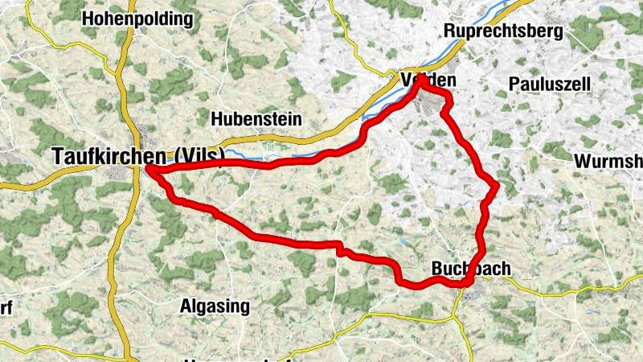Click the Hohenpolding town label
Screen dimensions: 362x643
coord(137,18)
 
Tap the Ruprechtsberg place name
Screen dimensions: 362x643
coord(504,31)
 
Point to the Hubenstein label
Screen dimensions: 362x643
coord(256,119)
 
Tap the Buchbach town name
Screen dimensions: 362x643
coord(471,269)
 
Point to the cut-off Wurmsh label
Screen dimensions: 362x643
coord(608,161)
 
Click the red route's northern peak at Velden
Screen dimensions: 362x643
coord(421,78)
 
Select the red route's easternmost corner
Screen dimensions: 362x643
coord(498,187)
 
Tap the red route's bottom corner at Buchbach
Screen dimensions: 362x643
coord(465,282)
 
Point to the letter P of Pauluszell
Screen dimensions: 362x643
coord(514,84)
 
